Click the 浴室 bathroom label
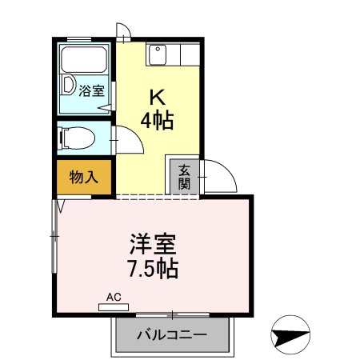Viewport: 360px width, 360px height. (91, 90)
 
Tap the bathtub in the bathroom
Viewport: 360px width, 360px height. (84, 59)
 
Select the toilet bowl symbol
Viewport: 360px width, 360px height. (78, 138)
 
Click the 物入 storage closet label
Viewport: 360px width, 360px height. (84, 177)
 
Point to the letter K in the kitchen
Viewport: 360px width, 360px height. (158, 98)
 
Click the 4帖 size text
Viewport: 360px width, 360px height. (157, 120)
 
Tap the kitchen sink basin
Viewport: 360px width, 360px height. (158, 55)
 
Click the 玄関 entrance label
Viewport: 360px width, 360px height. (184, 177)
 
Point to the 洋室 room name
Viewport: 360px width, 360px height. (153, 244)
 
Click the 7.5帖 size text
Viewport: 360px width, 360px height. (153, 269)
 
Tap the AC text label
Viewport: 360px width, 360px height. (114, 297)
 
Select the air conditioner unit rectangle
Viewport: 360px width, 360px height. (114, 307)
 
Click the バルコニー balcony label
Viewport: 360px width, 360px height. (172, 334)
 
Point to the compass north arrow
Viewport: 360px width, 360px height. (290, 334)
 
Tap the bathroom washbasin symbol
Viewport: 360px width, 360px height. (68, 85)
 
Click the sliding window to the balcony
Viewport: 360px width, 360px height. (173, 315)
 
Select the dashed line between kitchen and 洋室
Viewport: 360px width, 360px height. (158, 197)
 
